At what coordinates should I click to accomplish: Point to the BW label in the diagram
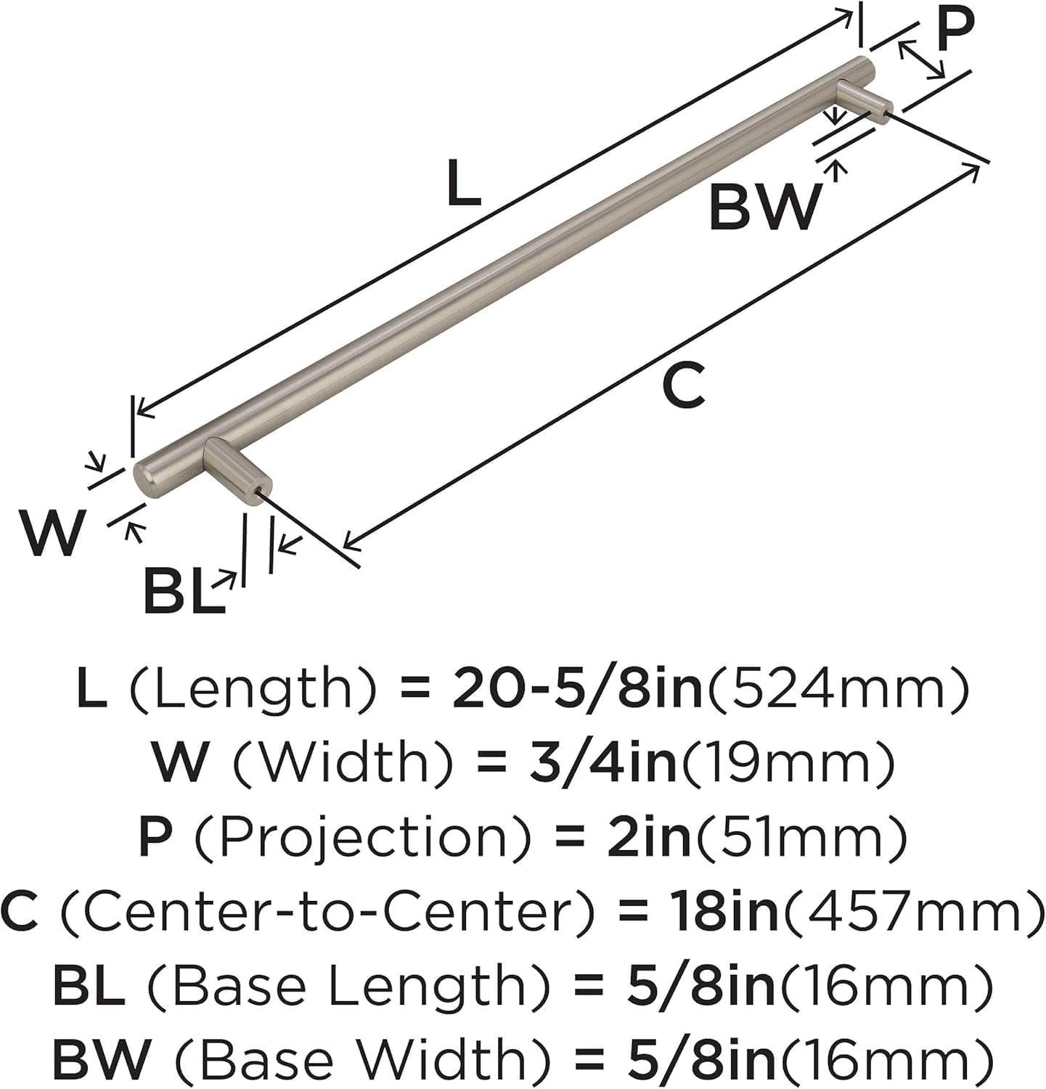coord(764,207)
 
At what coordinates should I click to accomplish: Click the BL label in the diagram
coord(184,590)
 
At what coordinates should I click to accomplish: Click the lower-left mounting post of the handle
coord(237,467)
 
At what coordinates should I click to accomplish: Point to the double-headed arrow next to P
coord(922,60)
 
